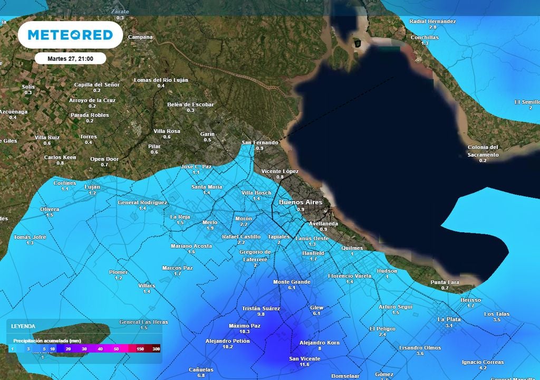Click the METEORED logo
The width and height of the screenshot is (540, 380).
70,35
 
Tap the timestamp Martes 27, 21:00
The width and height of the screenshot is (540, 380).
70,59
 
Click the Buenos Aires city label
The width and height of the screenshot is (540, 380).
300,202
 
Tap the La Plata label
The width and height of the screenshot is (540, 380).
449,319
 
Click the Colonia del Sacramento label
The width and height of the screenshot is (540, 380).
483,151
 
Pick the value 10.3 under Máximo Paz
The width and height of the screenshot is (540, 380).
245,332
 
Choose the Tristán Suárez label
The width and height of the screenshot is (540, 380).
261,308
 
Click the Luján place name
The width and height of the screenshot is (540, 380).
92,187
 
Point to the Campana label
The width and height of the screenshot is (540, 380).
140,37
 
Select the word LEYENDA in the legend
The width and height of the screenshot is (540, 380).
23,326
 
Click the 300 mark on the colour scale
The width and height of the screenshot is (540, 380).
156,349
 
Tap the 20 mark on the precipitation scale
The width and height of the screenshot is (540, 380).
69,349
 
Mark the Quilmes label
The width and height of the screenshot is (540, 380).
352,248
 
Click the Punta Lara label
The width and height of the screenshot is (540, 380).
445,282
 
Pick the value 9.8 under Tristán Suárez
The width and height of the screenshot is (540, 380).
261,315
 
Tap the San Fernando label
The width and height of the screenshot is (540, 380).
259,142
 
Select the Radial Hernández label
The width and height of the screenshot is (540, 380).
432,21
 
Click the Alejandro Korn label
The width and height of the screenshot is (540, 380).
320,343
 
